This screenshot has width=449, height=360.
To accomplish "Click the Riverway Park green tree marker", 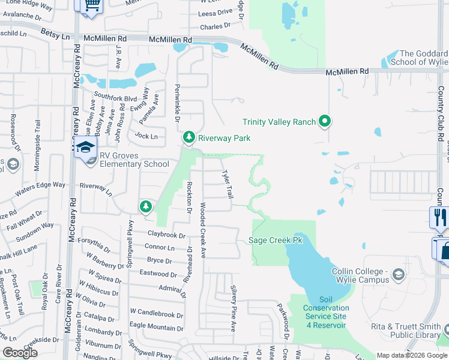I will coord(189,138).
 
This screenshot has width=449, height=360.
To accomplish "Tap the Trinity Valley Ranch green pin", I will coord(325,122).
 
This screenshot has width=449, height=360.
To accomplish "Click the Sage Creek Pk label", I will coord(276,241).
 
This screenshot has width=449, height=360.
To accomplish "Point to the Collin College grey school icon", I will coord(397,275).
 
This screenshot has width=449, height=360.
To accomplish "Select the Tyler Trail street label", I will coord(228,184).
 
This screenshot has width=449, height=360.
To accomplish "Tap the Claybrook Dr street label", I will coord(166,235).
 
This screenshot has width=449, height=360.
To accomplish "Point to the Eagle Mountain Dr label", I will coord(157,328).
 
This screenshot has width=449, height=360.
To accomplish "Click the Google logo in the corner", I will coord(20,353).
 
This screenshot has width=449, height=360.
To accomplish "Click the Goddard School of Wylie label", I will coord(420,58).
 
